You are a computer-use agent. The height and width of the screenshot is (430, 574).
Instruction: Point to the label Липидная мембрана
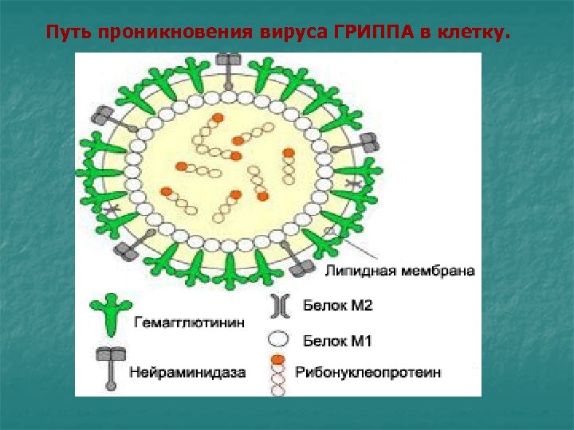[400, 270]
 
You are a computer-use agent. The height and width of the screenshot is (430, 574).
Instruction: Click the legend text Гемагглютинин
[181, 322]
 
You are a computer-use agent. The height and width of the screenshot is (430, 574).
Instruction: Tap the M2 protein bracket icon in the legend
[279, 306]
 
